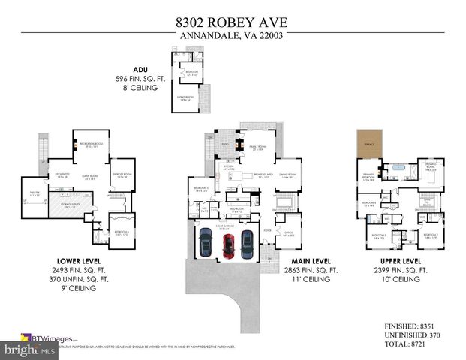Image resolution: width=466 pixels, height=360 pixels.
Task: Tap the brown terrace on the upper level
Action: pyautogui.click(x=367, y=148)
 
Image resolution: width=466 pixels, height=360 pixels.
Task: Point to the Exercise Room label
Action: pyautogui.click(x=122, y=176)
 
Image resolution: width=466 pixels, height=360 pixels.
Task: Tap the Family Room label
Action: pyautogui.click(x=259, y=148)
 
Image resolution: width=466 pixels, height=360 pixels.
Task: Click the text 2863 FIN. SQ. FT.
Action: pyautogui.click(x=304, y=268)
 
